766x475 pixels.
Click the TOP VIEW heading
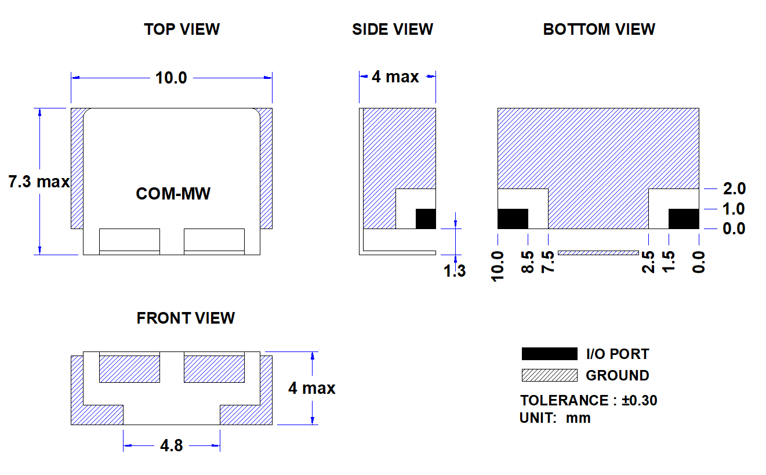[181, 30]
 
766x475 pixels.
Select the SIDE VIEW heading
[393, 30]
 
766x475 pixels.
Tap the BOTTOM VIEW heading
[599, 30]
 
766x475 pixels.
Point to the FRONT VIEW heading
[186, 318]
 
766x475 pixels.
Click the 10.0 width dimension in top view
[171, 78]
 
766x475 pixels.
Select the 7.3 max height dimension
[39, 182]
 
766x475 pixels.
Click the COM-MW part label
[173, 194]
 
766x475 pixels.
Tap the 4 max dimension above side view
[395, 77]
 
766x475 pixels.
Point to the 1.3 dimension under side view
[455, 271]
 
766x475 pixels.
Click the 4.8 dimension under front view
[171, 445]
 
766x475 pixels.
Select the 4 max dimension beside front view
[312, 388]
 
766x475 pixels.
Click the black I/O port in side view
[426, 219]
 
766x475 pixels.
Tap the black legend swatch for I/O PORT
[550, 354]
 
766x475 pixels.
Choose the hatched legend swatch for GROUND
[550, 375]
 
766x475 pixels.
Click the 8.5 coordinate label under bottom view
[528, 262]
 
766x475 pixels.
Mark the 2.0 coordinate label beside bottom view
[734, 188]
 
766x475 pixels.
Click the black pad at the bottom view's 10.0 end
[513, 219]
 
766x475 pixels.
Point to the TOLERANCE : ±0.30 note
[589, 400]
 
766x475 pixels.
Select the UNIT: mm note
[555, 418]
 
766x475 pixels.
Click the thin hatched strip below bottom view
[598, 253]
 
